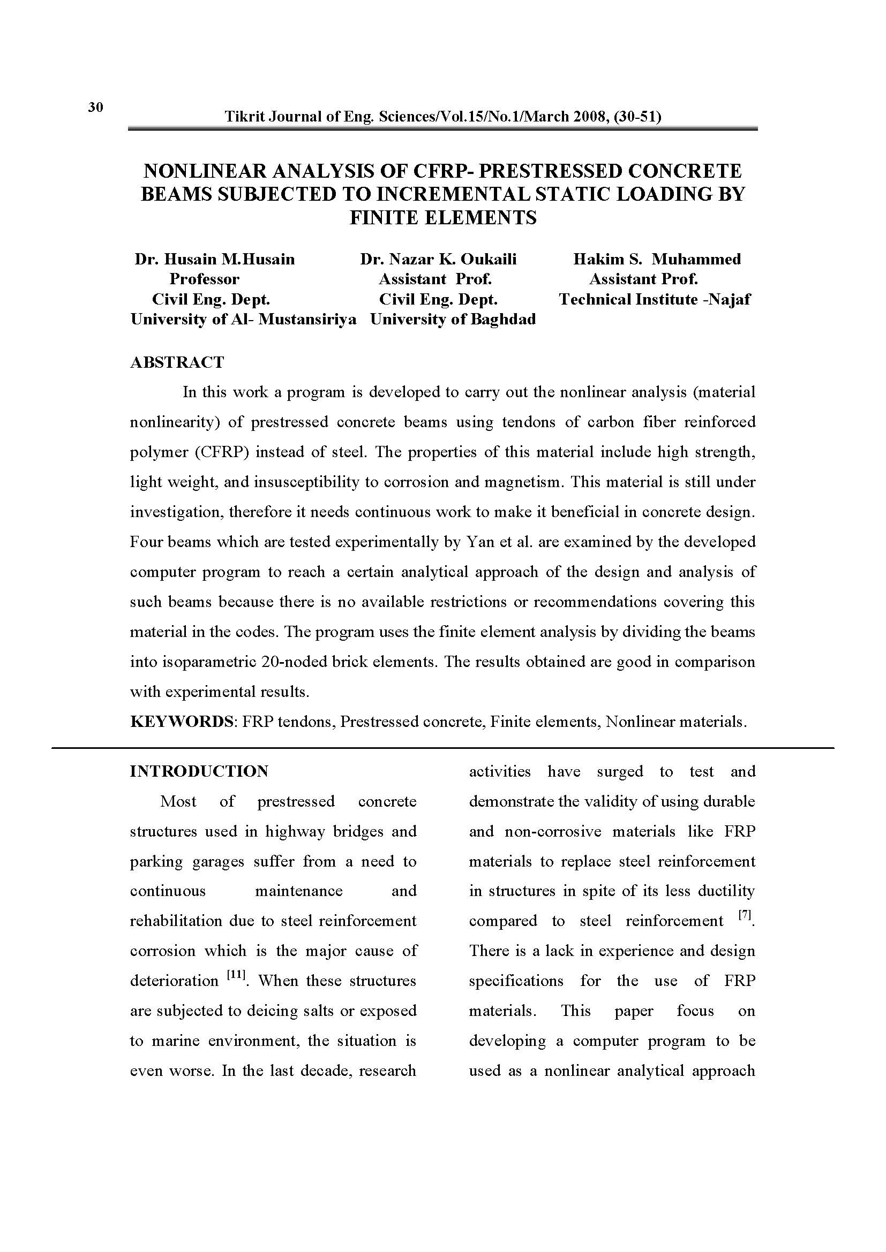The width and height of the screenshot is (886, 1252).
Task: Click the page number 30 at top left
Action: tap(95, 107)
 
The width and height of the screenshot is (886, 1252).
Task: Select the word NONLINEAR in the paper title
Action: tap(204, 171)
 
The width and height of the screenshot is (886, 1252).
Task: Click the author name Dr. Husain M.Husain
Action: tap(214, 259)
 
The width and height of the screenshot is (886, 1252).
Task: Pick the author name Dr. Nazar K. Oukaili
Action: tap(438, 259)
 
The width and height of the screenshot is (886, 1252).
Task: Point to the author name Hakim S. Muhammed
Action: tap(657, 259)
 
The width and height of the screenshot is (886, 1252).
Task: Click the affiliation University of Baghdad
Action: tap(453, 319)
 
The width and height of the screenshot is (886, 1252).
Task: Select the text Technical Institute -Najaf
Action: tap(655, 299)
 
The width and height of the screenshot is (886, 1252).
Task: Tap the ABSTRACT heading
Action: tap(177, 362)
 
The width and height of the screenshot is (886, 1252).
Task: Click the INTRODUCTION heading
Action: tap(199, 771)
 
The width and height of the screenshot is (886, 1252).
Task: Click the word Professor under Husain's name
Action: tap(204, 279)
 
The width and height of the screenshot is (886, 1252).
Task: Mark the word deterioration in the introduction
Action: tap(174, 981)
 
